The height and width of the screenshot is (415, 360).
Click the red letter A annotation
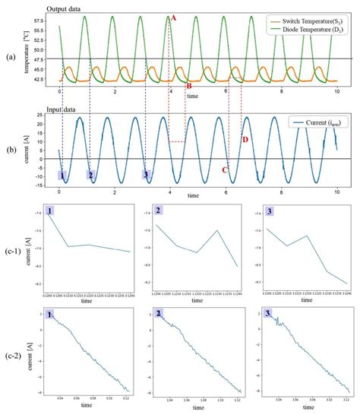tap(174, 17)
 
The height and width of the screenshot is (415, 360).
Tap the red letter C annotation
tap(225, 170)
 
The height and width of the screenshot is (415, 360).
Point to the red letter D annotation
tap(245, 140)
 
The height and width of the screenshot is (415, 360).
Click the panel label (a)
tap(9, 57)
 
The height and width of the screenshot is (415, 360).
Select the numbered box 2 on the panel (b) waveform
tap(90, 176)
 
